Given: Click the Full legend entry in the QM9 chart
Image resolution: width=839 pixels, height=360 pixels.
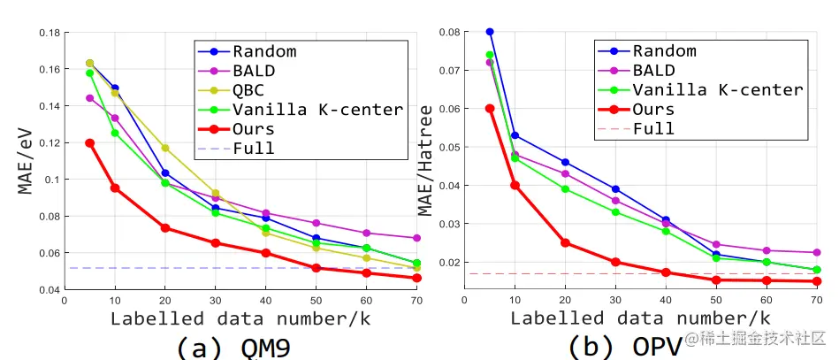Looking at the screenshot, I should tap(254, 148).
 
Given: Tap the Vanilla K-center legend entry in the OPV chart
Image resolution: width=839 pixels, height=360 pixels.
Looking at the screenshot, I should tap(717, 90).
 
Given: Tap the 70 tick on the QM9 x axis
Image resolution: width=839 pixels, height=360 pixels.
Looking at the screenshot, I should tap(417, 301).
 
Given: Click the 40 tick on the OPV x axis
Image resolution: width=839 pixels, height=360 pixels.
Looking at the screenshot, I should tap(665, 300).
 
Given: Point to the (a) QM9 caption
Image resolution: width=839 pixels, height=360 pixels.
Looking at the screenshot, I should tap(233, 346).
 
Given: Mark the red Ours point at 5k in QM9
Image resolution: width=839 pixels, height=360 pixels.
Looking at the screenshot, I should tap(89, 142).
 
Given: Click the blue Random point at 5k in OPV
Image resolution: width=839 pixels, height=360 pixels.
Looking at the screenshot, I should tap(490, 32).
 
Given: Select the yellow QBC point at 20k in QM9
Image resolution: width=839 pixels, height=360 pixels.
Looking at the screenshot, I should tap(165, 148).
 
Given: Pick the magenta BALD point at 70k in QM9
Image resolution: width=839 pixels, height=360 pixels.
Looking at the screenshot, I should tap(417, 238).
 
